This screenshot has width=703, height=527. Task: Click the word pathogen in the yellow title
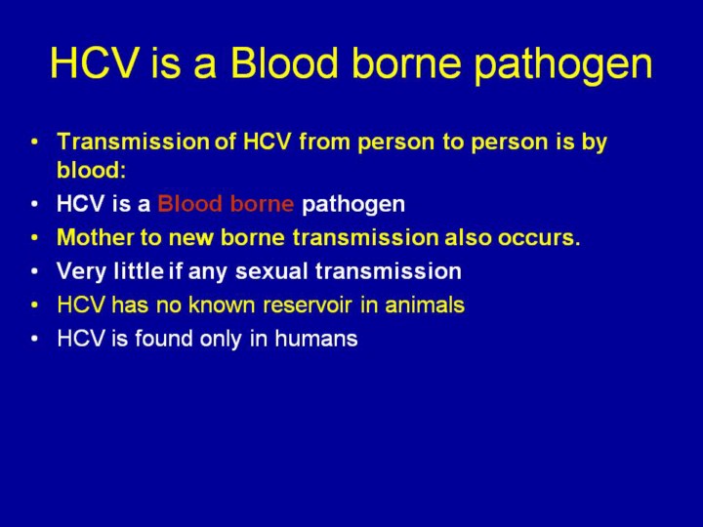coord(563,65)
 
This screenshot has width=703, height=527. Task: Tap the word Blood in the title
coord(284,61)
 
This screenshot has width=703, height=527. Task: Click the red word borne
coord(262,203)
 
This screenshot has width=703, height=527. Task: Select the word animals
coord(425,304)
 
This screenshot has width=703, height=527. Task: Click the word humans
coord(316,339)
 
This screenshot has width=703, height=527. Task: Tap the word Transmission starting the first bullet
coord(133,142)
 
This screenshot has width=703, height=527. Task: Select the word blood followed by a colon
coord(92,170)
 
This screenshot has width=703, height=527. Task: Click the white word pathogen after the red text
coord(353,205)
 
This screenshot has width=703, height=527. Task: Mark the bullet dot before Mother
coord(35,238)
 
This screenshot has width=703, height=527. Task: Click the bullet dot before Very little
coord(35,271)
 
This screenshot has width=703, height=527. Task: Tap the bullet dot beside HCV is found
coord(35,340)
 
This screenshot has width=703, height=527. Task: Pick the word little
coord(139,271)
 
